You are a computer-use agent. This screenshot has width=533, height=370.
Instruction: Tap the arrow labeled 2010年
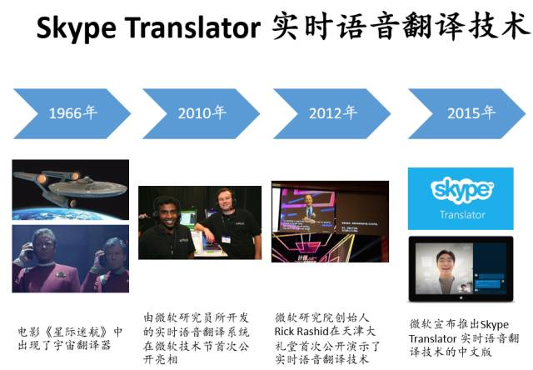click(x=201, y=113)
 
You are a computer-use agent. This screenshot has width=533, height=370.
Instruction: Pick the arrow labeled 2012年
click(x=333, y=113)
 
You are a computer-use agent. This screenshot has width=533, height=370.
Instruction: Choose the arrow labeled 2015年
click(x=466, y=113)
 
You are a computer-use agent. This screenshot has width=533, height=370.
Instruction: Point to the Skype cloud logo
click(x=461, y=190)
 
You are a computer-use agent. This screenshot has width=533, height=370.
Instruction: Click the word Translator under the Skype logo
click(x=461, y=214)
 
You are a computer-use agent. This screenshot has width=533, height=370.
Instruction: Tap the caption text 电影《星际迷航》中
click(x=70, y=331)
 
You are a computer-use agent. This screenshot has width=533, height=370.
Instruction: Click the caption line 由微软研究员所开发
click(x=197, y=317)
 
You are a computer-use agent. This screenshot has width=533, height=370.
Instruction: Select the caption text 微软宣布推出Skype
click(x=459, y=324)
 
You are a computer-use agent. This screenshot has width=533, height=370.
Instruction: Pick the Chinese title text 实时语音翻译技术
click(x=400, y=28)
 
